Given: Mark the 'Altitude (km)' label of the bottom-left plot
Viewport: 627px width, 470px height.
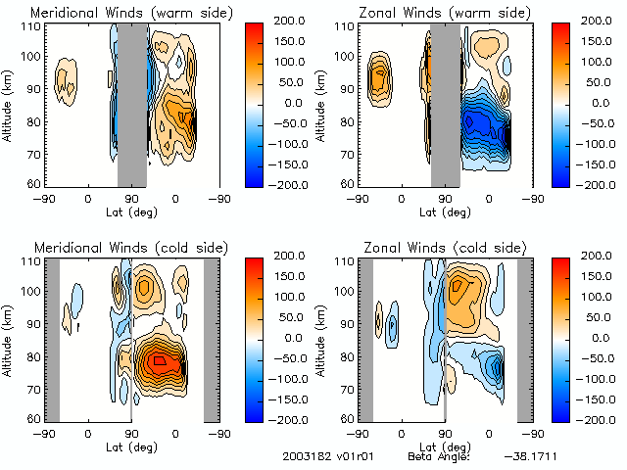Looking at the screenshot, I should pos(8,339).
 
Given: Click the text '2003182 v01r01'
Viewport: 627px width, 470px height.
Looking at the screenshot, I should pos(324,457).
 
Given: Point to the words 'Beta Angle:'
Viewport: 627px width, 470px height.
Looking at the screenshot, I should pos(439,457).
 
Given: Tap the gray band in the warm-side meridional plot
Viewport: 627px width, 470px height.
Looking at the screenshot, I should pos(132,104).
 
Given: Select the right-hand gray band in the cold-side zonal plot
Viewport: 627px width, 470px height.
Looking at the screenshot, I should pos(525,339).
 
